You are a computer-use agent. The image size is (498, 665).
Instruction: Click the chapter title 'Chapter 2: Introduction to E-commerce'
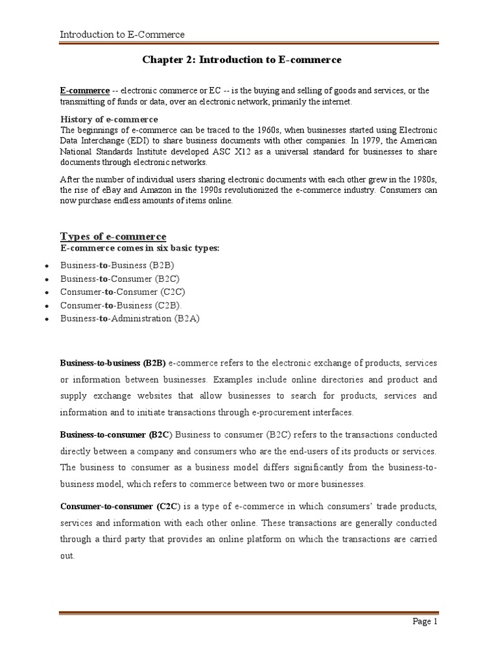pyautogui.click(x=241, y=60)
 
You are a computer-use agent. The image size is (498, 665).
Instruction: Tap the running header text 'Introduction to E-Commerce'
pyautogui.click(x=122, y=34)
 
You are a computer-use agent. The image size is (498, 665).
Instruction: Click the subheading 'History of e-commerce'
pyautogui.click(x=109, y=119)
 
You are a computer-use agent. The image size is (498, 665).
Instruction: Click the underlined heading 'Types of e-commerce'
pyautogui.click(x=113, y=236)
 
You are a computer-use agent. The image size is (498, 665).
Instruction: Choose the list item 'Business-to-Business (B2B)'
pyautogui.click(x=117, y=266)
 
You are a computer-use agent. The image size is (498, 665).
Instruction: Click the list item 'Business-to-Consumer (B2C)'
pyautogui.click(x=119, y=279)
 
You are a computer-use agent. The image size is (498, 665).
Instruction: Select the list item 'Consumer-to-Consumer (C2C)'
pyautogui.click(x=121, y=292)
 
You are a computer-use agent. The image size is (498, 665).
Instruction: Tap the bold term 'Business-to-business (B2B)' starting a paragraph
pyautogui.click(x=113, y=362)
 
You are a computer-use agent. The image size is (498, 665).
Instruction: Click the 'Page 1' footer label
pyautogui.click(x=426, y=621)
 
